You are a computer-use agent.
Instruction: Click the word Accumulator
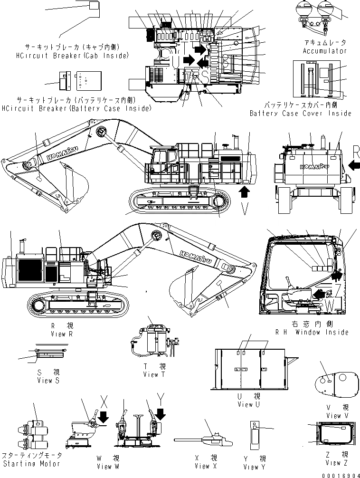[x=325, y=51]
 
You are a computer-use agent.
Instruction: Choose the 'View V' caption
[x=334, y=416]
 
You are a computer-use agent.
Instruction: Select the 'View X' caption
[x=202, y=466]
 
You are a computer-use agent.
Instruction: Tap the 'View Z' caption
[x=333, y=463]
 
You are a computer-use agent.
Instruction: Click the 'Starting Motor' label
[x=31, y=463]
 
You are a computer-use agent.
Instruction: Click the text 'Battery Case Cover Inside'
[x=301, y=114]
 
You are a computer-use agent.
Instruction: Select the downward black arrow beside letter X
[x=104, y=417]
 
